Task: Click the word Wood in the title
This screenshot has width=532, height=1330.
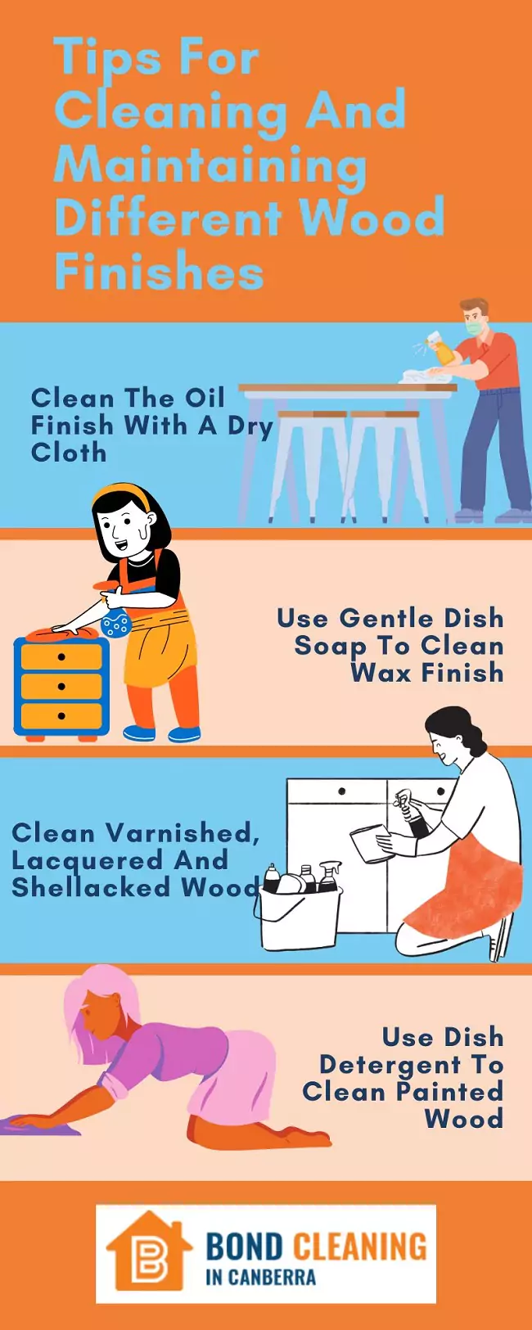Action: pyautogui.click(x=372, y=218)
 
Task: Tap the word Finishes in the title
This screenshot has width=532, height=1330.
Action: pyautogui.click(x=159, y=272)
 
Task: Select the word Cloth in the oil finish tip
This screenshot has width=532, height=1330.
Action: pyautogui.click(x=69, y=452)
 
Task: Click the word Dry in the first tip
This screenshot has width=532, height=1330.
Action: pyautogui.click(x=250, y=426)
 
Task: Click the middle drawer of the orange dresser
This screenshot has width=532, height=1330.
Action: pyautogui.click(x=61, y=686)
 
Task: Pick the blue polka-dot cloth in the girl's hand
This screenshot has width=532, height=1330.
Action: pyautogui.click(x=115, y=624)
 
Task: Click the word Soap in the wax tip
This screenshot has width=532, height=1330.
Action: pyautogui.click(x=331, y=646)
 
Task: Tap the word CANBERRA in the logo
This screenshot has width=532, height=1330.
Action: pyautogui.click(x=271, y=1277)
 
